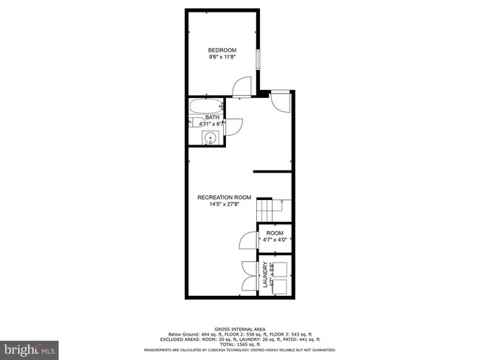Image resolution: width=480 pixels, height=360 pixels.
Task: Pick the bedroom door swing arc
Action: click(241, 89)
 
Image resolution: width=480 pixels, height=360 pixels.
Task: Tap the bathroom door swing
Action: click(231, 127)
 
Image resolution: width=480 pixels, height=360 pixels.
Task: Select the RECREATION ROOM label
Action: click(224, 197)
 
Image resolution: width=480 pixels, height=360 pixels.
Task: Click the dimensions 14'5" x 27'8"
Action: click(224, 204)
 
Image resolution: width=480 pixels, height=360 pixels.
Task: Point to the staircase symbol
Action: click(271, 210)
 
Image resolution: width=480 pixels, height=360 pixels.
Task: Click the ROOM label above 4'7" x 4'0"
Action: click(275, 233)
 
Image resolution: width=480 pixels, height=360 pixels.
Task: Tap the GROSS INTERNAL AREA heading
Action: click(240, 328)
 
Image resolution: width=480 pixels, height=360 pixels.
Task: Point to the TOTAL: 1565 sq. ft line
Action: click(240, 345)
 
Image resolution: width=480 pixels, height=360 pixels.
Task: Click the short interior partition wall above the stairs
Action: click(273, 171)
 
